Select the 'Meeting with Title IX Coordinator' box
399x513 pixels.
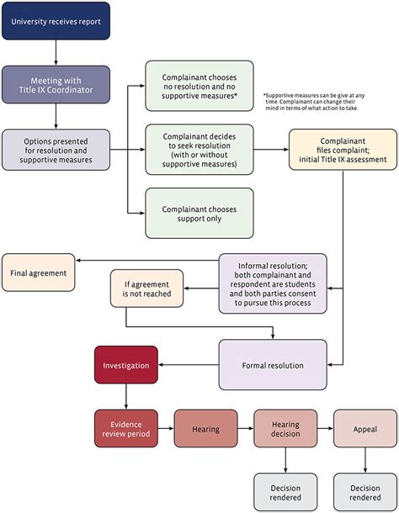point(56,85)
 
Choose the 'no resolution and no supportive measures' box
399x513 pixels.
point(199,85)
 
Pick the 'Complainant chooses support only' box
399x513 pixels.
point(199,212)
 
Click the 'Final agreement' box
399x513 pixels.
point(38,273)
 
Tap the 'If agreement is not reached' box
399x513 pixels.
point(146,288)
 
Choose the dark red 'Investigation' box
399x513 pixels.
point(125,366)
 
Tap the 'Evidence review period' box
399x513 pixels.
point(125,428)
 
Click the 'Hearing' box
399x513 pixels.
point(205,428)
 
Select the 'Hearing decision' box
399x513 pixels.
point(285,428)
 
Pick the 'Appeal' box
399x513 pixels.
point(365,428)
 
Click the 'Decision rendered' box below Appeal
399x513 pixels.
point(365,492)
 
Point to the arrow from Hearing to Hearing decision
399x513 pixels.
point(245,428)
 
